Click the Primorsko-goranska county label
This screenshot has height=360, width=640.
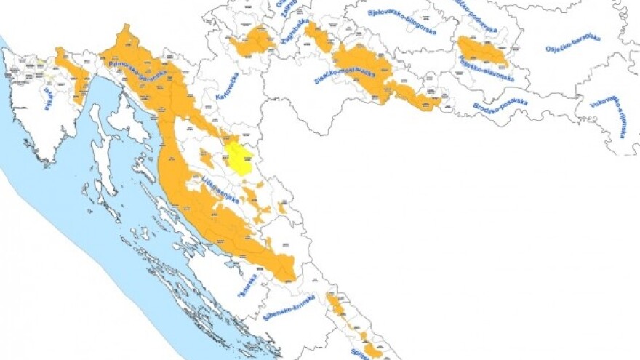[137, 69]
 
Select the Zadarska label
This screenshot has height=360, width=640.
[248, 285]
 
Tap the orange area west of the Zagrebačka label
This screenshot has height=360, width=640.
[252, 41]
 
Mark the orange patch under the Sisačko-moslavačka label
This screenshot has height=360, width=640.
[415, 96]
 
